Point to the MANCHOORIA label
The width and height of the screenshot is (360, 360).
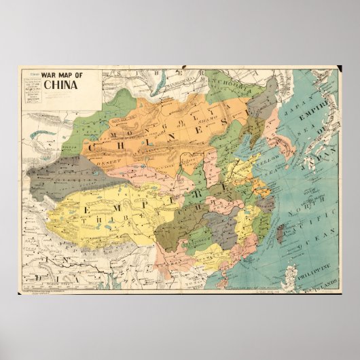(234, 88)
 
